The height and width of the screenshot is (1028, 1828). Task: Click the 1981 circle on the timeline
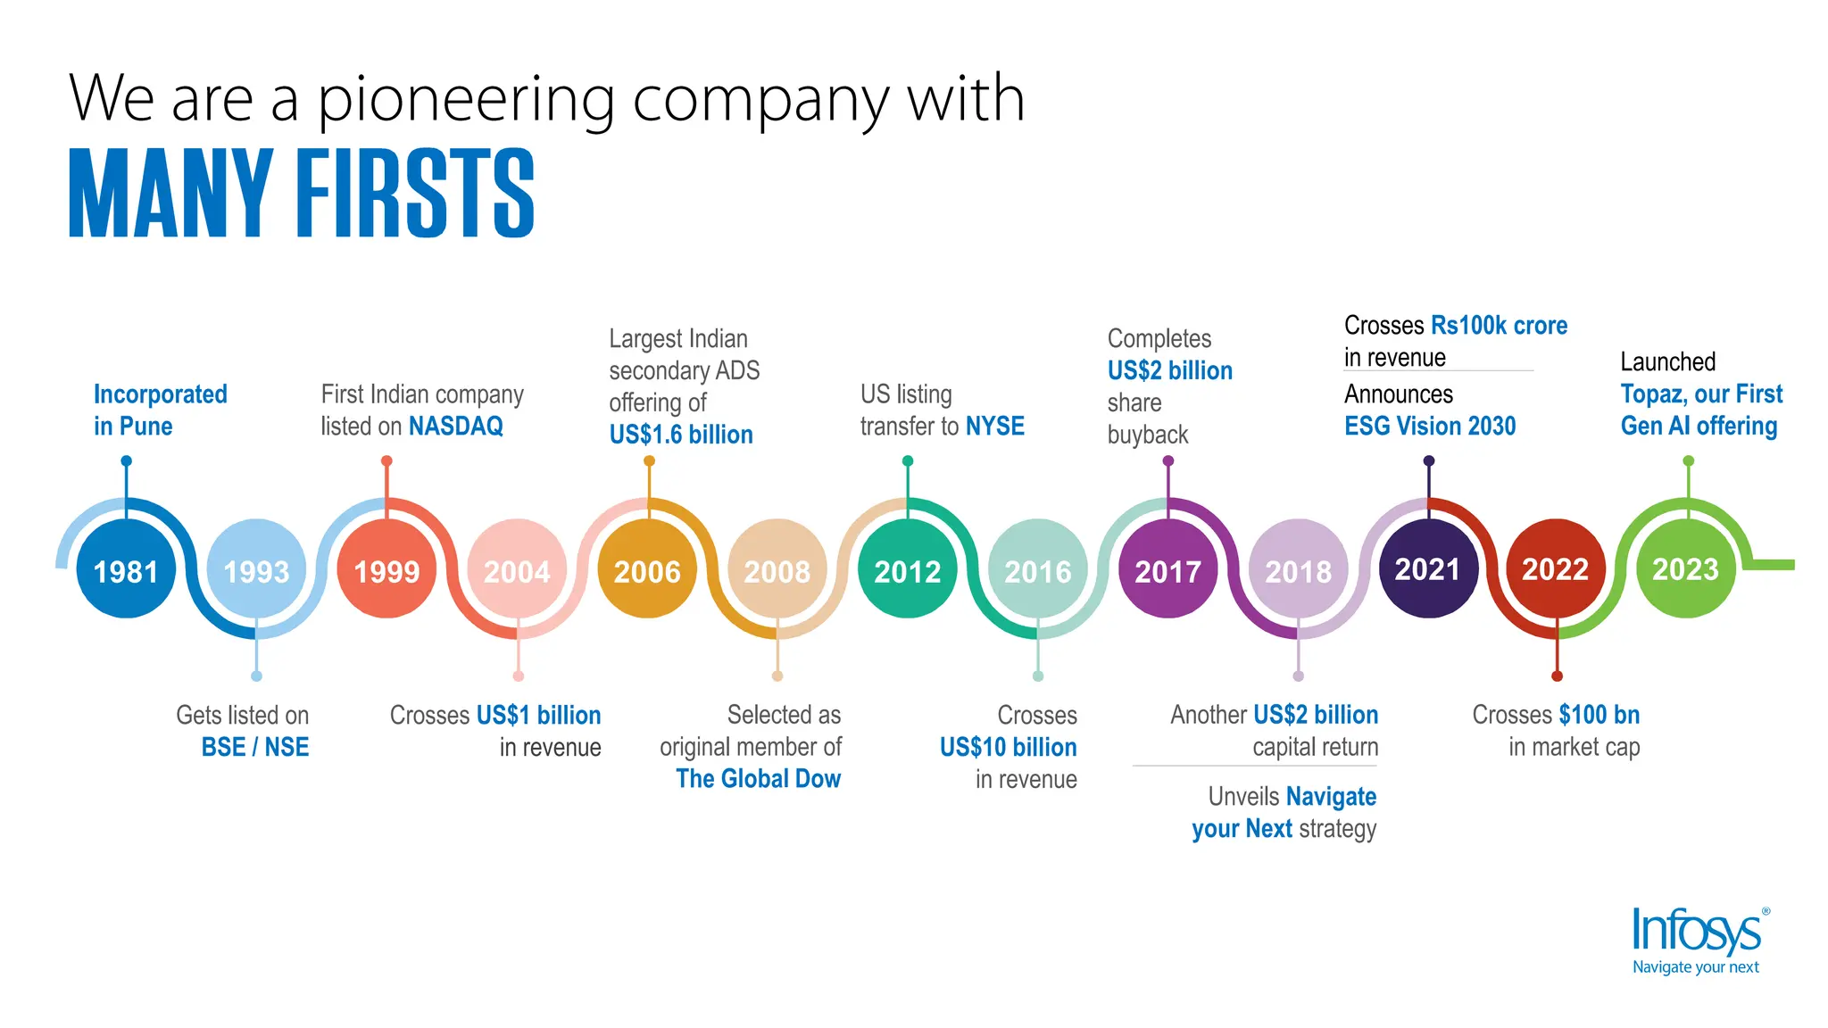126,569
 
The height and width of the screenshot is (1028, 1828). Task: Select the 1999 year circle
386,569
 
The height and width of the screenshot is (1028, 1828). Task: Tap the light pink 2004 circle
517,569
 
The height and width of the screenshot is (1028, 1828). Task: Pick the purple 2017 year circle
1167,569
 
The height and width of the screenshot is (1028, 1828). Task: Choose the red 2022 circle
1556,568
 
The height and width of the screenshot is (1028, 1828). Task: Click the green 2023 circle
1685,568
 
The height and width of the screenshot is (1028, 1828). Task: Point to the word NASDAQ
456,427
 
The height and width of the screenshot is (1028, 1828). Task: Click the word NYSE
995,427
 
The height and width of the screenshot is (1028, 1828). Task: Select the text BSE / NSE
255,747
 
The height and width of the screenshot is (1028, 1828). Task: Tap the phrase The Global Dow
758,779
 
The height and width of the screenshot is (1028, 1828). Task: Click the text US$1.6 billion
681,435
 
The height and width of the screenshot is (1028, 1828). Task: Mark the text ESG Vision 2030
1430,427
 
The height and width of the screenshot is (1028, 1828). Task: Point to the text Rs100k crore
1499,326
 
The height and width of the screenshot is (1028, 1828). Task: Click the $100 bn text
1599,715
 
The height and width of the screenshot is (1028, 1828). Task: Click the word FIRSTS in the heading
415,194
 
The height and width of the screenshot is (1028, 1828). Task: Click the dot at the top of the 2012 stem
908,461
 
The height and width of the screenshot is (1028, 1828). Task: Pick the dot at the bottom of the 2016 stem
1038,676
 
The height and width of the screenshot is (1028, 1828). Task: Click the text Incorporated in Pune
160,410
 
